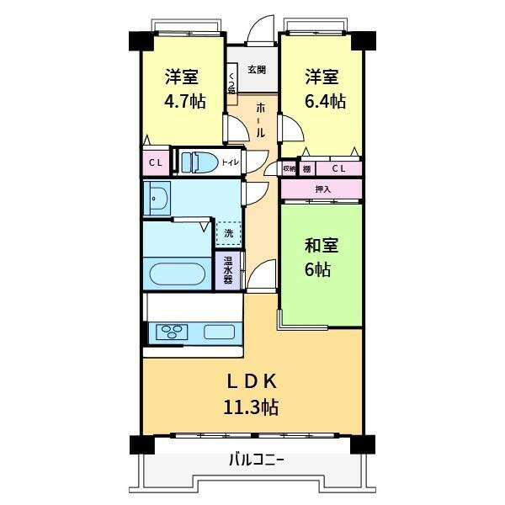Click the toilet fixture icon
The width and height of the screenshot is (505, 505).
[198, 162]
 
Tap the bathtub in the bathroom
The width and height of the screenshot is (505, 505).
[178, 274]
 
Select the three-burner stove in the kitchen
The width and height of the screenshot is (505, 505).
[172, 332]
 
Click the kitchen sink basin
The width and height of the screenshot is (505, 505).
[219, 332]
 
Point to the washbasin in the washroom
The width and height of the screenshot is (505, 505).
[157, 198]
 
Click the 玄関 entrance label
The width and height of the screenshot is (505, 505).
[257, 69]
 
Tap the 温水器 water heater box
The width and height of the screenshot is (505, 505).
[228, 270]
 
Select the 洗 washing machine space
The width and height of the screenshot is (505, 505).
[229, 233]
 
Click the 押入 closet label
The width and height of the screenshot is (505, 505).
[322, 189]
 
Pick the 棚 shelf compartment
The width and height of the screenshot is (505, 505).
[307, 168]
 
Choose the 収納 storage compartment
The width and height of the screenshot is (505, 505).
[289, 168]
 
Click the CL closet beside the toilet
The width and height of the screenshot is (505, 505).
[156, 162]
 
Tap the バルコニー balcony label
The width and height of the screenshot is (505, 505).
[257, 460]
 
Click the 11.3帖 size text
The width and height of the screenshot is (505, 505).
[251, 407]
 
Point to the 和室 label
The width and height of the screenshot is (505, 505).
[322, 246]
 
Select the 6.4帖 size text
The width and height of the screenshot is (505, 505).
[325, 101]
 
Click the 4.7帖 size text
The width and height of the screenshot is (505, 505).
[185, 101]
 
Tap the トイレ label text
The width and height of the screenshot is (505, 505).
[230, 162]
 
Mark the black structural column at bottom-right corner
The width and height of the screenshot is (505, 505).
[362, 444]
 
